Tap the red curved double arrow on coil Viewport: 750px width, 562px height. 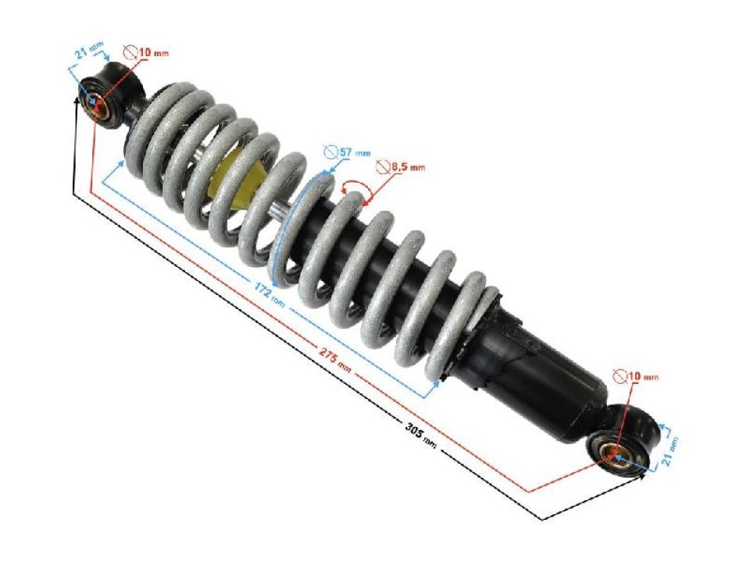click(356, 187)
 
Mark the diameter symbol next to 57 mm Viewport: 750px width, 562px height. click(330, 152)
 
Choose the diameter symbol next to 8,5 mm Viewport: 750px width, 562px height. click(382, 165)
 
